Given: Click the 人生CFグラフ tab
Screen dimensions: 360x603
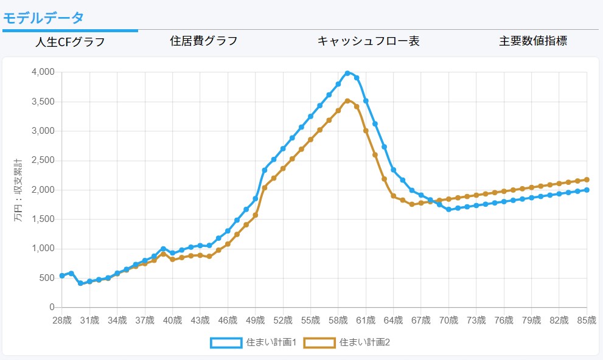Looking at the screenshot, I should click(70, 42).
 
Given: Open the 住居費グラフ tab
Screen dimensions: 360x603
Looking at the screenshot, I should click(203, 41).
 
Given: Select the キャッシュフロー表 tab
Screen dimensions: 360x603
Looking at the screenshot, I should click(368, 41).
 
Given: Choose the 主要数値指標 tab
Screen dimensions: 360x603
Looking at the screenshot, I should click(533, 41).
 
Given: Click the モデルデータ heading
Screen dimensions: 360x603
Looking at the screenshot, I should click(43, 17).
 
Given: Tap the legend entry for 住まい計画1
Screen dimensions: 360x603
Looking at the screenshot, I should click(253, 342).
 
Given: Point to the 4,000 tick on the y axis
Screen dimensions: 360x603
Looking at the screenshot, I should click(42, 72).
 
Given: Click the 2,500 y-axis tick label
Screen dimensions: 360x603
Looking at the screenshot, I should click(42, 161).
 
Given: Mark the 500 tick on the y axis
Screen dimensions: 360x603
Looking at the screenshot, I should click(47, 278).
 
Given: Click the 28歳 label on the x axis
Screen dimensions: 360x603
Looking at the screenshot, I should click(62, 320).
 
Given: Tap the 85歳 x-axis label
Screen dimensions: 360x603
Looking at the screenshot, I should click(586, 320).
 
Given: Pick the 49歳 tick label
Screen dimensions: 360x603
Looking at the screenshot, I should click(255, 320).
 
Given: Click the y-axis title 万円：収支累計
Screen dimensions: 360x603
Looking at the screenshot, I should click(18, 189).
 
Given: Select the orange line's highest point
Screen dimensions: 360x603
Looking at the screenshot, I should click(347, 101).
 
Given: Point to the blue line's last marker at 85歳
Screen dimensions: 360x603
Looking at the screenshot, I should click(587, 190).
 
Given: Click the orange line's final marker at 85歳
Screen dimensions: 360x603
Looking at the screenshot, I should click(587, 179).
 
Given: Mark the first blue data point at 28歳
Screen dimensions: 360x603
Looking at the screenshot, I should click(62, 276).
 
